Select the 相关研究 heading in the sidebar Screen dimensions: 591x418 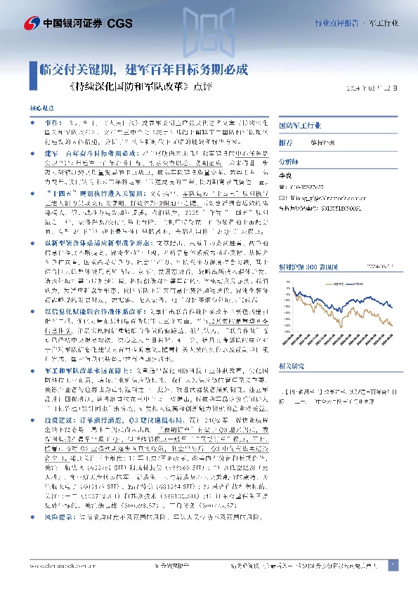click(291, 366)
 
